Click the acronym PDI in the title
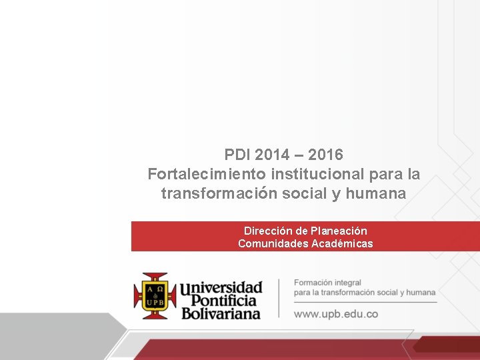click(x=237, y=155)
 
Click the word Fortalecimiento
click(x=207, y=174)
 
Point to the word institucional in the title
click(x=317, y=174)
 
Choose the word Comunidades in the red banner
click(x=273, y=243)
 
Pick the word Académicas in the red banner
click(x=342, y=243)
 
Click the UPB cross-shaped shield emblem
click(x=155, y=295)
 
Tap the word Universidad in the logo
click(x=221, y=288)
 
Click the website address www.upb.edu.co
click(x=336, y=313)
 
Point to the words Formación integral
click(x=327, y=283)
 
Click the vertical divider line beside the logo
click(x=279, y=297)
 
